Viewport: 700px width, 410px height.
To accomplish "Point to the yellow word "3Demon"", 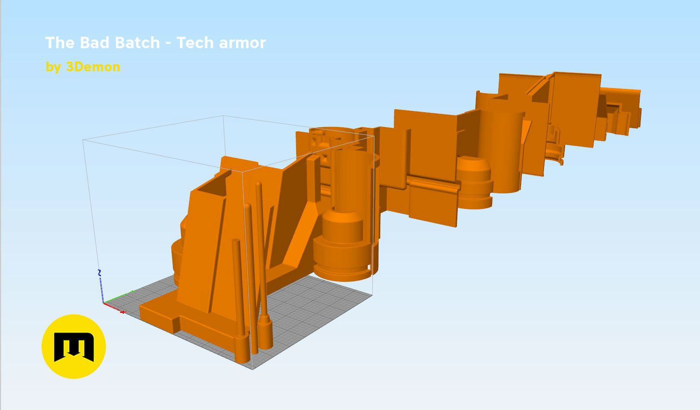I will (93, 67).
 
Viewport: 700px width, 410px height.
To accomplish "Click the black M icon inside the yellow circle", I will (74, 347).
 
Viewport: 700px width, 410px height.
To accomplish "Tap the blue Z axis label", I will (99, 272).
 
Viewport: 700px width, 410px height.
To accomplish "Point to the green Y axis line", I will (119, 297).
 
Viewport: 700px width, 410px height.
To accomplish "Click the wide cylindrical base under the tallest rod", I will (266, 334).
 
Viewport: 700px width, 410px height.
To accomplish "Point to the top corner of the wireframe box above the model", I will (223, 116).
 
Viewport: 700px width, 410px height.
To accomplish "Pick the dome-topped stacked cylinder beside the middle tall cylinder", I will (474, 181).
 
